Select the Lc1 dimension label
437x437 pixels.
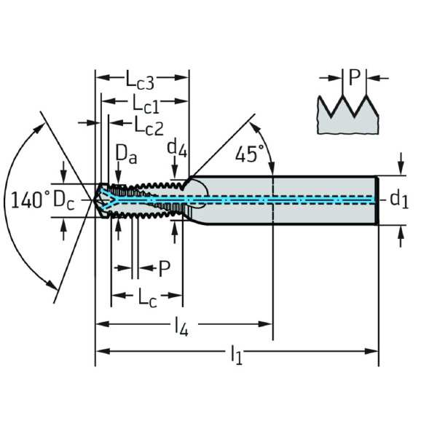coord(146,103)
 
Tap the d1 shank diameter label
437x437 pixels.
coord(398,198)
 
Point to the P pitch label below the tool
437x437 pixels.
coord(164,269)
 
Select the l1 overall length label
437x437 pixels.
coord(236,355)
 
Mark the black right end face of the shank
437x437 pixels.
coord(377,200)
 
